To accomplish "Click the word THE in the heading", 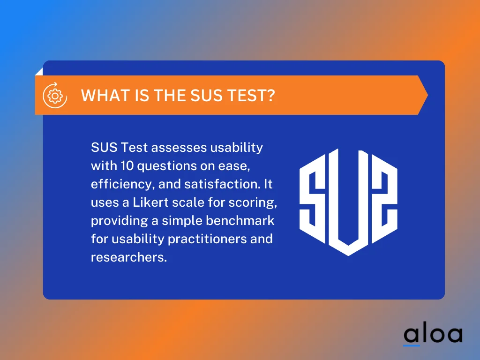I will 167,96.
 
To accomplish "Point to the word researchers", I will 128,257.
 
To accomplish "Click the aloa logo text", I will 433,334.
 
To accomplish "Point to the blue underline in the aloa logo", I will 412,346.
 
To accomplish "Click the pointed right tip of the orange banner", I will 427,95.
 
